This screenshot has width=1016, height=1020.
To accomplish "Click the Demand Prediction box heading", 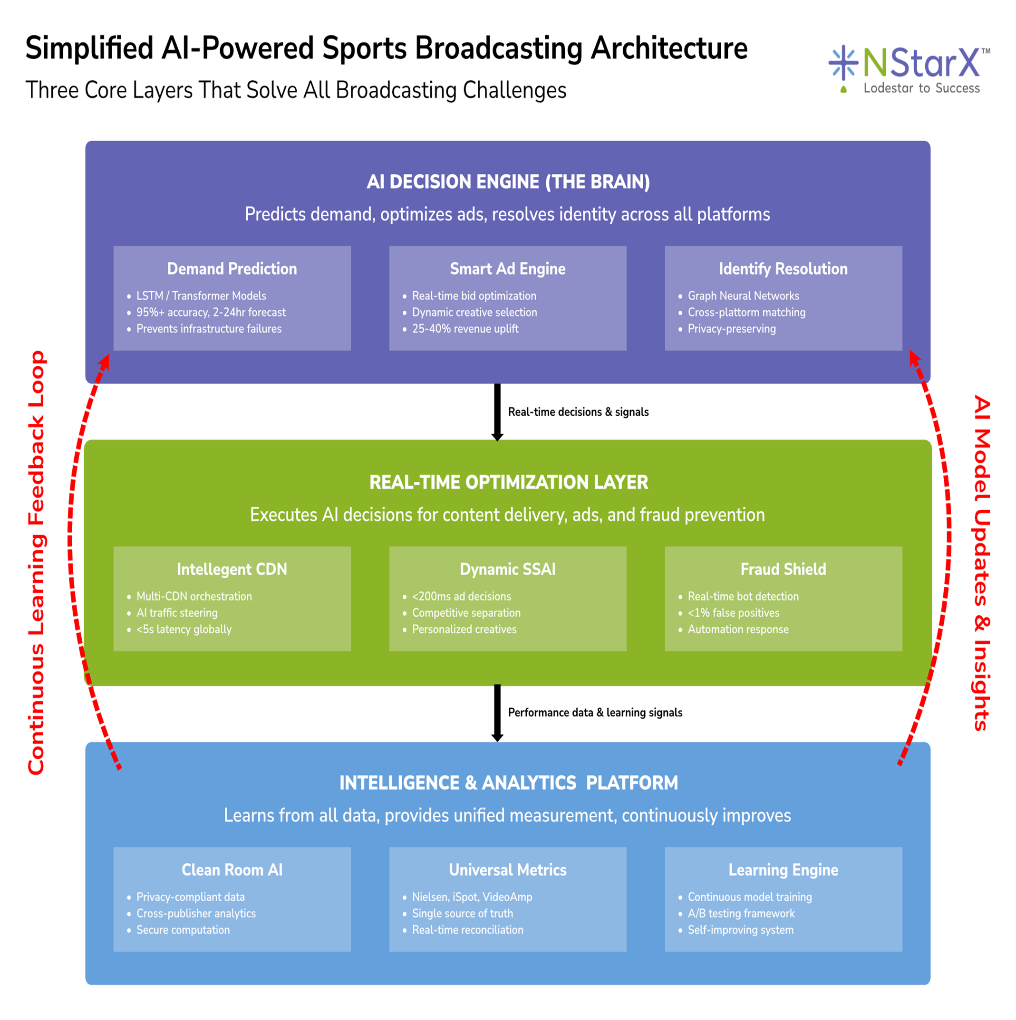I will [232, 269].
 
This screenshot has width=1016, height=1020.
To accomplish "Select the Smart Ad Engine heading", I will [507, 269].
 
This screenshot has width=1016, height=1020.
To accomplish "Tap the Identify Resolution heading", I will [783, 269].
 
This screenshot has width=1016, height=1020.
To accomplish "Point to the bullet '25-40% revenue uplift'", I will [465, 329].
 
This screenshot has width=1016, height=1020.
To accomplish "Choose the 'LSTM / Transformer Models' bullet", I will [201, 296].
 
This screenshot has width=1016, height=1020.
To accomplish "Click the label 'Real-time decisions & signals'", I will [578, 412].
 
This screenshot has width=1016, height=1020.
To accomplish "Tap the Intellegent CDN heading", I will [232, 569].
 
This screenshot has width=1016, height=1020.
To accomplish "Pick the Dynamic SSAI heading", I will [507, 569].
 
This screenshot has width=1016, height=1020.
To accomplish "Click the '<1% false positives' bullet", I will [733, 613].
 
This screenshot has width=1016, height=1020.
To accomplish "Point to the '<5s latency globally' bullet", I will [184, 629].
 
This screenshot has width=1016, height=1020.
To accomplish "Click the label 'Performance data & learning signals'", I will [595, 713].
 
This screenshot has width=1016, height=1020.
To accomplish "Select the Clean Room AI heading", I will [232, 870].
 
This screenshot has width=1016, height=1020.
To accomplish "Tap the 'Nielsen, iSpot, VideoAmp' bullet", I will [472, 897].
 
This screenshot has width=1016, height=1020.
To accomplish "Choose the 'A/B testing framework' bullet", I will [741, 914].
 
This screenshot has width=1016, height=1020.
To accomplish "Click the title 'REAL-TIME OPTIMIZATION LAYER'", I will [508, 482].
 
